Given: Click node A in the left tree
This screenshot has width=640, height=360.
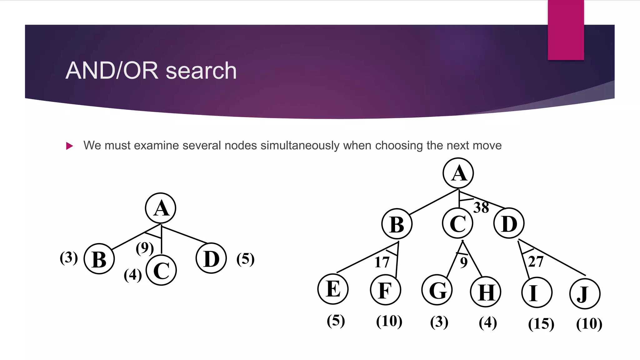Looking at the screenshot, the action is [x=161, y=208].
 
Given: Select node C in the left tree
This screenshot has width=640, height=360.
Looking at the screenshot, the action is [x=161, y=270].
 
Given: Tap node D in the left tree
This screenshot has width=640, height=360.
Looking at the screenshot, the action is [x=211, y=258].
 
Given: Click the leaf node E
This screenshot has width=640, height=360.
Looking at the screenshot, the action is [x=333, y=289].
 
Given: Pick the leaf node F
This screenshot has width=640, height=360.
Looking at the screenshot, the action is [x=385, y=290].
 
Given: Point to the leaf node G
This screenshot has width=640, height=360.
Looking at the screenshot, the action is [x=437, y=290].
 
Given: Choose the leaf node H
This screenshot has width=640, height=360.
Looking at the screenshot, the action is [x=486, y=292].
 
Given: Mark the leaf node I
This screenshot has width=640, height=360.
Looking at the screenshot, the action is [x=537, y=292].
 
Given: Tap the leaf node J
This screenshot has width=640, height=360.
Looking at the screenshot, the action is [x=585, y=294].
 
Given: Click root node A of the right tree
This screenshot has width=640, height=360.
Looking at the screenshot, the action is [x=458, y=173].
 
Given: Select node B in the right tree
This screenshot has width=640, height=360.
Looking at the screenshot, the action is [x=397, y=224].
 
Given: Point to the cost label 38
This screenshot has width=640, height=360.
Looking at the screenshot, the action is [x=481, y=207].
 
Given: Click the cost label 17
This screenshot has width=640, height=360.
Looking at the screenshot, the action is [x=382, y=262].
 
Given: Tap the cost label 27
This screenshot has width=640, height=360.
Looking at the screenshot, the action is [x=536, y=261].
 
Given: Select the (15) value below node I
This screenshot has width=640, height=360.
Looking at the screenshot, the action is [x=541, y=324].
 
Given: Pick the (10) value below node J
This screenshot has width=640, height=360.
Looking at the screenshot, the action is [x=589, y=324].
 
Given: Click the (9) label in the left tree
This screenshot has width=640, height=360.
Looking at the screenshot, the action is [x=145, y=248].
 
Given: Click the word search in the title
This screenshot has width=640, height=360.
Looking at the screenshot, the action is [x=201, y=71].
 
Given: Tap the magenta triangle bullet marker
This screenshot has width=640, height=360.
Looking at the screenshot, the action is [x=70, y=146].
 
